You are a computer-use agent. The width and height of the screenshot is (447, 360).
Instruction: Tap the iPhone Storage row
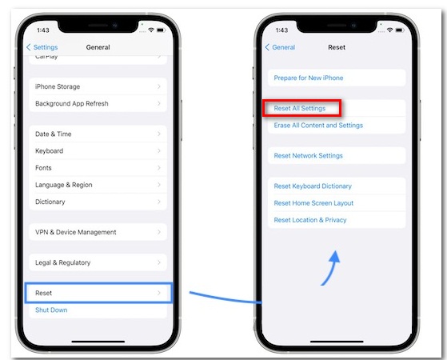(98, 86)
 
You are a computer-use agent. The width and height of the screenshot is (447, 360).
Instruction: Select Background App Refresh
(98, 103)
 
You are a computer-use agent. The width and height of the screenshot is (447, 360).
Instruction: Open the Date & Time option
(98, 134)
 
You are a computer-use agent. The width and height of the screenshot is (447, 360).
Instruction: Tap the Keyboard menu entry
(98, 151)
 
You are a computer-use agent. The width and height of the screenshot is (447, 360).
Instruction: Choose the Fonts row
(98, 168)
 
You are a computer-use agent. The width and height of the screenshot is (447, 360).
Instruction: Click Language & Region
(98, 185)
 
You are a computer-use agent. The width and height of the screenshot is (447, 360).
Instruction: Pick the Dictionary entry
(98, 202)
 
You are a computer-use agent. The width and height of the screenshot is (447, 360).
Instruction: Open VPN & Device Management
(98, 232)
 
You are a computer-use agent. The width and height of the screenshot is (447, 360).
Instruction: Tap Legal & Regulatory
(98, 262)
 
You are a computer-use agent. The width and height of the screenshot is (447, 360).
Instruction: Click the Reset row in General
(98, 293)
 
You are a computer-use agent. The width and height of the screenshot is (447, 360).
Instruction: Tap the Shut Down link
(51, 310)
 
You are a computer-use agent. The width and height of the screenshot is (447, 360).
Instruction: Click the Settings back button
(42, 47)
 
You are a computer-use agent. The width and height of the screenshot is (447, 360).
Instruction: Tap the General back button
(280, 47)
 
